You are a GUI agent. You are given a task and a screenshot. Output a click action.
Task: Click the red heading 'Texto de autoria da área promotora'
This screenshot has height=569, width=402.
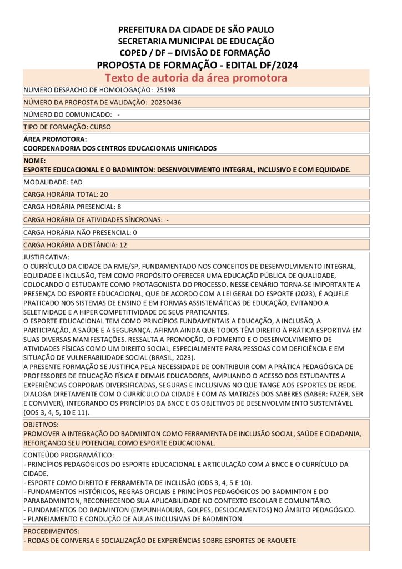tap(196, 78)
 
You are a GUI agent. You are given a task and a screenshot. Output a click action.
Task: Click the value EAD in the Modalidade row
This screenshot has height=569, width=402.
tap(76, 182)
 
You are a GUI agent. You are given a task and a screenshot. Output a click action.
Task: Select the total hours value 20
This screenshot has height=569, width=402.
tap(104, 194)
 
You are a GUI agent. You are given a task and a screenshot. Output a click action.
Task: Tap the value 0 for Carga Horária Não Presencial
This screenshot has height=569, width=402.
tap(135, 232)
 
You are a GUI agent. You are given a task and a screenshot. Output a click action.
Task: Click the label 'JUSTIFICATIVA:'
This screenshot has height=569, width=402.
tap(46, 258)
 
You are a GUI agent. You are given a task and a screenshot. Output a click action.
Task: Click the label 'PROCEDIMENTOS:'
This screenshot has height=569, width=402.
tap(51, 531)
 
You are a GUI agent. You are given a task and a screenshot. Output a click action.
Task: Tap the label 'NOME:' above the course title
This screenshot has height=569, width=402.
tap(34, 161)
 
